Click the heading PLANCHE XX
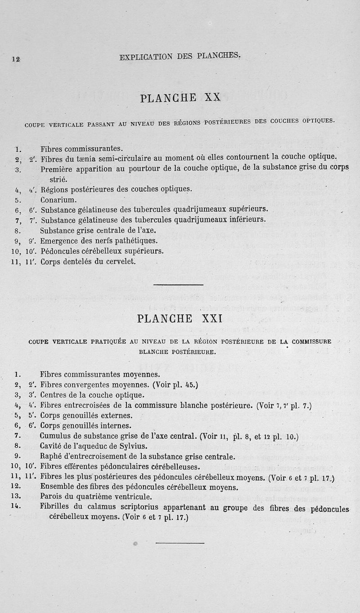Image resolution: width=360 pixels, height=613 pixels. tap(180, 98)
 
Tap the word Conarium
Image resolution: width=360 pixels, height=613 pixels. tap(58, 200)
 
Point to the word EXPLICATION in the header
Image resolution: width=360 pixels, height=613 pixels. tap(146, 57)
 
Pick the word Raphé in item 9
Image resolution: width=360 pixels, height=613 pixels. tap(50, 456)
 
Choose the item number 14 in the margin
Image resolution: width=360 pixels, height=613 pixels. tap(18, 507)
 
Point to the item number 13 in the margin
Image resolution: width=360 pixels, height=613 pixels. tap(18, 497)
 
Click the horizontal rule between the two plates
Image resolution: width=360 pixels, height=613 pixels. tap(178, 285)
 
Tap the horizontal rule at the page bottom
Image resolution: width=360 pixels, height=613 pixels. tap(180, 543)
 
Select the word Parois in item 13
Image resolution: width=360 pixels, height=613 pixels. tap(51, 497)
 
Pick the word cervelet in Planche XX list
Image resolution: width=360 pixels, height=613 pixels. tap(120, 261)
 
